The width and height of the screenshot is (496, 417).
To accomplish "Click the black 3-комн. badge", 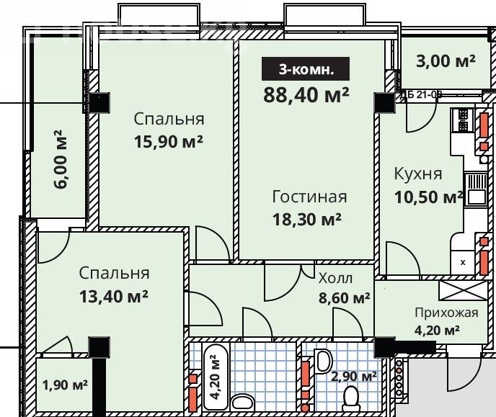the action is (x=305, y=69).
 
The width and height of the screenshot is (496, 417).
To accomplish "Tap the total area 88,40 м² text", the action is (x=306, y=95).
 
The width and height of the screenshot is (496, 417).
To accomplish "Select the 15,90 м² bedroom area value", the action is (x=168, y=142).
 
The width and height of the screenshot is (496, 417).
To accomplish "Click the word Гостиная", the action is (x=309, y=197).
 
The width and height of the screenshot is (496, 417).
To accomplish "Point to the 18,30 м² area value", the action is (x=307, y=219).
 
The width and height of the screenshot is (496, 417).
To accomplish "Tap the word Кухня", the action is (x=418, y=174).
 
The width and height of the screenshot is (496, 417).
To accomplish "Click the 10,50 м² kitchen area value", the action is (x=429, y=197).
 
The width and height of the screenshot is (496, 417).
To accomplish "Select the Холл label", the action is (x=335, y=278).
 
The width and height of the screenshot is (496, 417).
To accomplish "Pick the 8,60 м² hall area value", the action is (x=344, y=297).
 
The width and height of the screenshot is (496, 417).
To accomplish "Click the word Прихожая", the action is (x=446, y=313).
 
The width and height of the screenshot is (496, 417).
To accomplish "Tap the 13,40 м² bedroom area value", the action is (x=114, y=296).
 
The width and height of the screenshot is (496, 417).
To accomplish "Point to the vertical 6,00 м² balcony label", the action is (x=61, y=159).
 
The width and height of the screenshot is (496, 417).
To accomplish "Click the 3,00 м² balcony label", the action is (x=446, y=61).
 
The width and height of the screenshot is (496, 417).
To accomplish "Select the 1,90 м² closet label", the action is (x=65, y=385).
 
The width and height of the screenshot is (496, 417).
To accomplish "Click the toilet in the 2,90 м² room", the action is (x=351, y=399).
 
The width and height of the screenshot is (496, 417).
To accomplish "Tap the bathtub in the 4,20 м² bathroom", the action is (x=215, y=377).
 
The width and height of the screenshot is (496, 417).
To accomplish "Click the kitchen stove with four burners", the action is (x=462, y=120).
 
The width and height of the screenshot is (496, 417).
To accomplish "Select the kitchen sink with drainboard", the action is (x=476, y=189).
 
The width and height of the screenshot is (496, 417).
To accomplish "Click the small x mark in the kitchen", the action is (x=463, y=262).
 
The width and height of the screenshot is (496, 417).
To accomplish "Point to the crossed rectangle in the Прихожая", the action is (x=464, y=290).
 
